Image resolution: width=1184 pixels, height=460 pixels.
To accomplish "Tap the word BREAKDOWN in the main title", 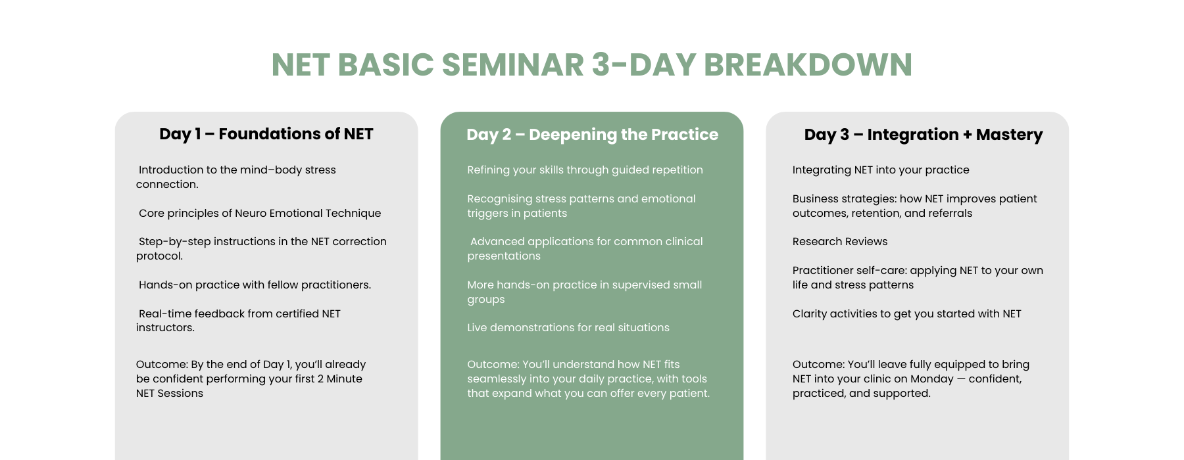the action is [808, 65].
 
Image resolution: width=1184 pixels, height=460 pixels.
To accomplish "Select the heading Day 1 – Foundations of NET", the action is [266, 134].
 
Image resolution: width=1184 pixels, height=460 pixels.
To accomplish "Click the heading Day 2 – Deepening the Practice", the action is [592, 135].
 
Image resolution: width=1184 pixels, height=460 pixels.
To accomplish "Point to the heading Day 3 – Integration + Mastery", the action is [924, 135].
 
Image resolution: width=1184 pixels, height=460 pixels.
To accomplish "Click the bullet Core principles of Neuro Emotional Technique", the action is [260, 213].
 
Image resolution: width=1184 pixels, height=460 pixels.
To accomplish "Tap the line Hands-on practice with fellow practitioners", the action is [255, 285].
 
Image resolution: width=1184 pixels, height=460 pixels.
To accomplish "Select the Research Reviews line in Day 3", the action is [840, 241].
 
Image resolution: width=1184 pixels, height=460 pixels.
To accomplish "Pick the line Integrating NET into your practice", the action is [881, 170].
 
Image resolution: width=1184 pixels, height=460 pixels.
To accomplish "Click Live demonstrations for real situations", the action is [568, 327].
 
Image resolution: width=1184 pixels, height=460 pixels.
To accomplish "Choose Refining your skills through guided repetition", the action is [585, 170].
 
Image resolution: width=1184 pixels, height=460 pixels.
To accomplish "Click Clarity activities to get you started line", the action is [907, 313].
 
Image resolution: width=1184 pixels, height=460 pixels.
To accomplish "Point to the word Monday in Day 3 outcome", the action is [932, 379].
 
